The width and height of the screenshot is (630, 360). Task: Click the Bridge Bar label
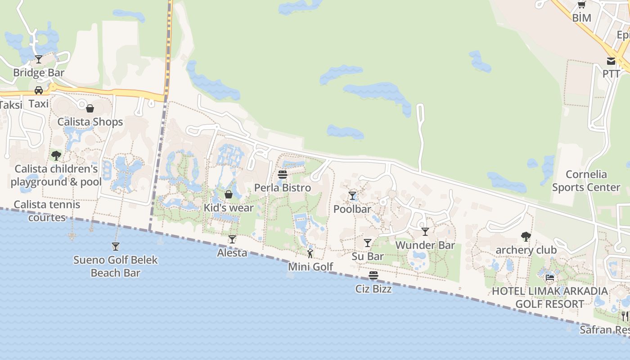coord(39,72)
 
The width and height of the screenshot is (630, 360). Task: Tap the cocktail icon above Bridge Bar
coord(39,59)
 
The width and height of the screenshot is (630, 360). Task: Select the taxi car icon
coord(39,90)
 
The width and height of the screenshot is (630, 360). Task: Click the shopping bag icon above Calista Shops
coord(90,108)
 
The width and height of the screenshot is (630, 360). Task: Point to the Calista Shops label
coord(90,122)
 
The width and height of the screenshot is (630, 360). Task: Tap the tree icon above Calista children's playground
coord(56,156)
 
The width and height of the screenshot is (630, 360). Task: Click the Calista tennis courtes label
coord(47,211)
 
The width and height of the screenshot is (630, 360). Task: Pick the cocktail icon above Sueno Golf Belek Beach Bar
coord(116,246)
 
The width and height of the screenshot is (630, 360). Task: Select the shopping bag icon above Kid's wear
coord(229,194)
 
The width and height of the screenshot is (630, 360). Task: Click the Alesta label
coord(232,253)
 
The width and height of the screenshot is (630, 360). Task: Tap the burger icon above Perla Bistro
coord(283,174)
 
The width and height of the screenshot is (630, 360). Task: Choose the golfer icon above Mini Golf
coord(310,253)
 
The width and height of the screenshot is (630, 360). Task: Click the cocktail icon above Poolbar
coord(352,196)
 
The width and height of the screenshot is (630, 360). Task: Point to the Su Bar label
coord(368,256)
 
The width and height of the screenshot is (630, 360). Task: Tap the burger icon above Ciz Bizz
coord(373,275)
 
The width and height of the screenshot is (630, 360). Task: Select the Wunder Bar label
coord(425,245)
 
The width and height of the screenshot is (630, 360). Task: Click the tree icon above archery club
coord(526,236)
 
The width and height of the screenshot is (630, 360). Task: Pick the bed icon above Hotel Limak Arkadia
coord(549,278)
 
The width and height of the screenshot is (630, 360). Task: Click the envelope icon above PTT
coord(611,61)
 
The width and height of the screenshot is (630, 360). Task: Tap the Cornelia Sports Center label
coord(586,181)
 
